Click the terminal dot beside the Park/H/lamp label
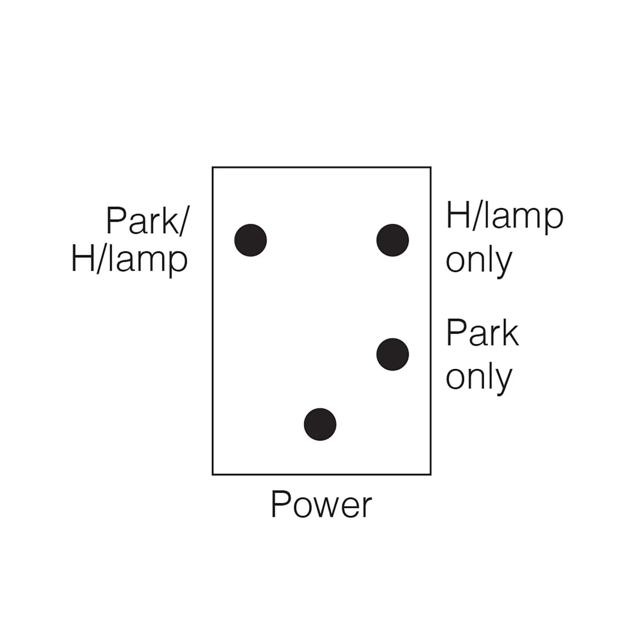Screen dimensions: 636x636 (x=251, y=240)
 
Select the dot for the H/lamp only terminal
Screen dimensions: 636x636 (x=393, y=240)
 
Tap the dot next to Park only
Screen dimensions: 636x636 (x=393, y=354)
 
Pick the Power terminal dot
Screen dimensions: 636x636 (x=320, y=424)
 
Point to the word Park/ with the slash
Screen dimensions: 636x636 (x=146, y=221)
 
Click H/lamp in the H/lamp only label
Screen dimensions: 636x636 (x=505, y=216)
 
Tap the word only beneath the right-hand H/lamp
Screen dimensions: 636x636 (x=479, y=261)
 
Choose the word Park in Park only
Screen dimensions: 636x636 (x=483, y=334)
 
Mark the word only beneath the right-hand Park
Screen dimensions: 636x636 (x=479, y=377)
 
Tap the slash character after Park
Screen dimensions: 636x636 (x=180, y=221)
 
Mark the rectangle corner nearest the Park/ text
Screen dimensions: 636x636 (x=212, y=167)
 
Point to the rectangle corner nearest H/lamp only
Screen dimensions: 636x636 (x=431, y=167)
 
